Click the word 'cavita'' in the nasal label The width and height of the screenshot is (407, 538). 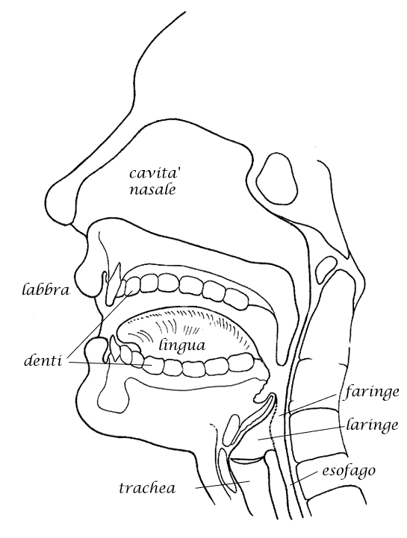pos(153,173)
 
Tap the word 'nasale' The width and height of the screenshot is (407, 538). pos(152,190)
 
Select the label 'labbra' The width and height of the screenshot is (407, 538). pos(46,290)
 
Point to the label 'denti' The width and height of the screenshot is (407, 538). pos(43,361)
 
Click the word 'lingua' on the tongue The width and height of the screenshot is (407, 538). pos(182,345)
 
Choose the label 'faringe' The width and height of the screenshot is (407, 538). pos(372,392)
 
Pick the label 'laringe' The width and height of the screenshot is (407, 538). pos(372,425)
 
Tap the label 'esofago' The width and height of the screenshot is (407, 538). pos(348,472)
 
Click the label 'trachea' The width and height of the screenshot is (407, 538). pos(147,487)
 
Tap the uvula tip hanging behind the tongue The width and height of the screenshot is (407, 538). pos(282,360)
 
